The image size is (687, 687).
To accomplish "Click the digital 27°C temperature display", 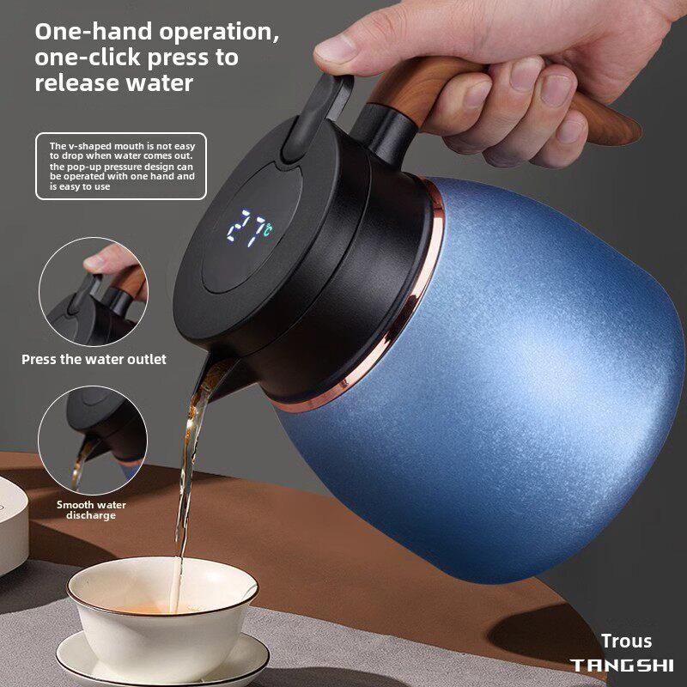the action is [250, 228].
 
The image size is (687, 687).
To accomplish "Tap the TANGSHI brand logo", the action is [622, 666].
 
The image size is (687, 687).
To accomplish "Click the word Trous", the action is [626, 641].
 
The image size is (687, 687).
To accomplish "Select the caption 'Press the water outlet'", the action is [94, 360].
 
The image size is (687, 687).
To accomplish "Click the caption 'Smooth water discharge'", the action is [91, 510].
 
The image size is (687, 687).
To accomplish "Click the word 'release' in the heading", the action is [70, 82].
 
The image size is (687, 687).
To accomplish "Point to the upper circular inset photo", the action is [94, 292].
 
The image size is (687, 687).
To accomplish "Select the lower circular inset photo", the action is [93, 440].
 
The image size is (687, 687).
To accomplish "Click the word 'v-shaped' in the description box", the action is [85, 146].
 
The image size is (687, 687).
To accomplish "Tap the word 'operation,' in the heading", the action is [219, 33].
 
